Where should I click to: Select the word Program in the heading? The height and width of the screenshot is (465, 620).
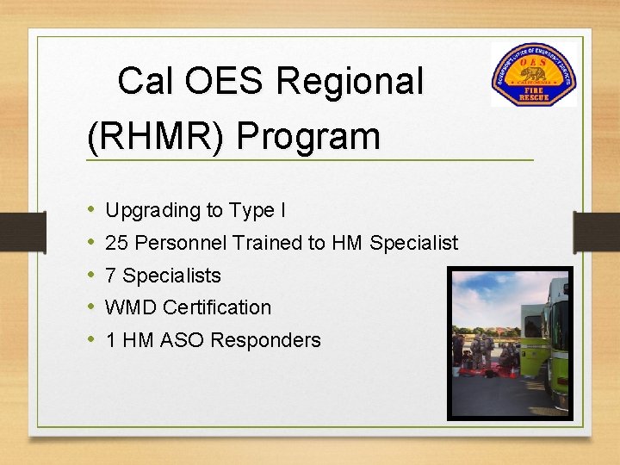click(307, 137)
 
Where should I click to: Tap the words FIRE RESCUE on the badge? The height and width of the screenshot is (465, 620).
click(533, 93)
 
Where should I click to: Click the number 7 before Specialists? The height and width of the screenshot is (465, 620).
click(111, 276)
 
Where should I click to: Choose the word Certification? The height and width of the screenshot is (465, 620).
click(216, 308)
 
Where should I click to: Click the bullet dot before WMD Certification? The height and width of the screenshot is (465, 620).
click(91, 308)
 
